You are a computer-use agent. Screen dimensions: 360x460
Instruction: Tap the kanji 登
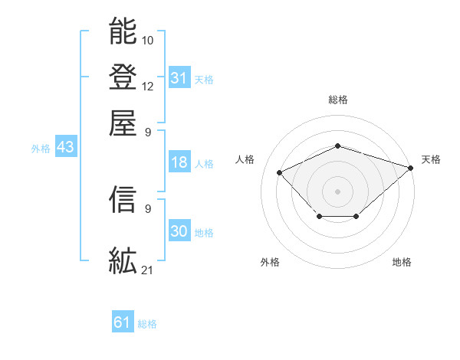click(x=123, y=77)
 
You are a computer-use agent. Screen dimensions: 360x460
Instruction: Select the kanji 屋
click(x=123, y=123)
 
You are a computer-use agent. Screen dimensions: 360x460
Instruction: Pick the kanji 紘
click(x=123, y=261)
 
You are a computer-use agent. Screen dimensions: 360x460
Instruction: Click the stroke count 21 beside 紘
click(x=147, y=269)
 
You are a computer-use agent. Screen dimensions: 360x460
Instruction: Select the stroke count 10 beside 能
click(x=147, y=39)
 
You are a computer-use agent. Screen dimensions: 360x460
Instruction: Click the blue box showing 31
click(x=179, y=77)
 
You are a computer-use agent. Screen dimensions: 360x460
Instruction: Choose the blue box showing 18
click(x=179, y=162)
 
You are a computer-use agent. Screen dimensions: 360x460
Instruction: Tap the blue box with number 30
click(x=179, y=231)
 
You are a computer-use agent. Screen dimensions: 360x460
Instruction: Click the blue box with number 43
click(x=65, y=147)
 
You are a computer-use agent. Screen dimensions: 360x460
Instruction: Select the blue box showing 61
click(x=123, y=322)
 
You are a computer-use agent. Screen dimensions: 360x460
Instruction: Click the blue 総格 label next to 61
click(x=147, y=324)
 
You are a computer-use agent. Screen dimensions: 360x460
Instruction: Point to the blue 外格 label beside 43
click(x=41, y=149)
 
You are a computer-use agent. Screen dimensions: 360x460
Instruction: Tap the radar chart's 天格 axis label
click(x=431, y=159)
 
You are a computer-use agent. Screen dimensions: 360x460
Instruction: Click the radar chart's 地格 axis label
click(x=402, y=262)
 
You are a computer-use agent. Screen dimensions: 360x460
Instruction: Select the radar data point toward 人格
click(x=280, y=173)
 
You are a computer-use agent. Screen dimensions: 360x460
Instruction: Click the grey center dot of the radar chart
click(x=337, y=191)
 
